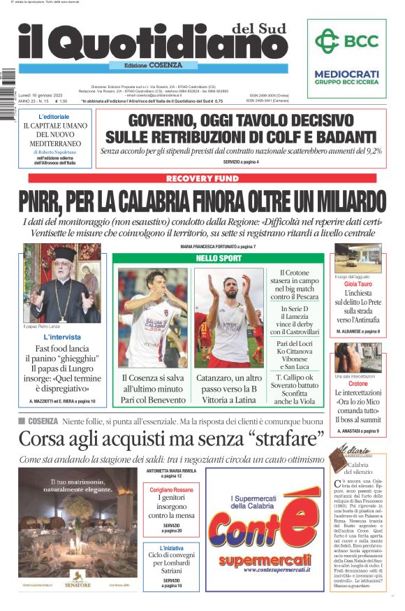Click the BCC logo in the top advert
click(346, 41)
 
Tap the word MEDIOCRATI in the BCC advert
click(346, 73)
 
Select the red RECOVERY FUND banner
click(202, 179)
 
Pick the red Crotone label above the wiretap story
click(358, 384)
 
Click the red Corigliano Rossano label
click(171, 489)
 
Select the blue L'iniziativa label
click(171, 548)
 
